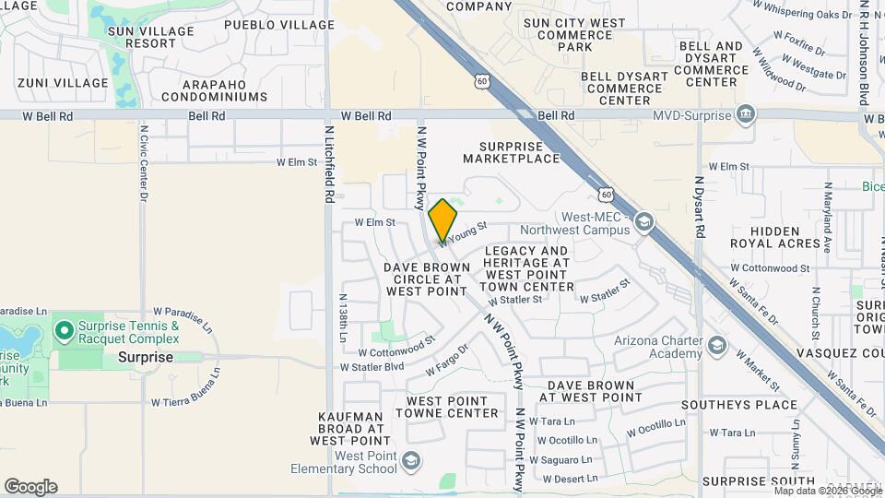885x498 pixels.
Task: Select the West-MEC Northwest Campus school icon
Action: point(643,221)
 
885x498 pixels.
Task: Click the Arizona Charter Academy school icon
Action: point(717,347)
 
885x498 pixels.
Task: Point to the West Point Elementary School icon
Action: point(411,461)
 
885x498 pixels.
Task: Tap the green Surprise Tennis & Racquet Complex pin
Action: point(64,330)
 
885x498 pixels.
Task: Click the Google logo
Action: point(30,487)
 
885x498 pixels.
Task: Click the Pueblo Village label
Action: point(266,25)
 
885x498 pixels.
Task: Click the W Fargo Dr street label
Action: point(447,360)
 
